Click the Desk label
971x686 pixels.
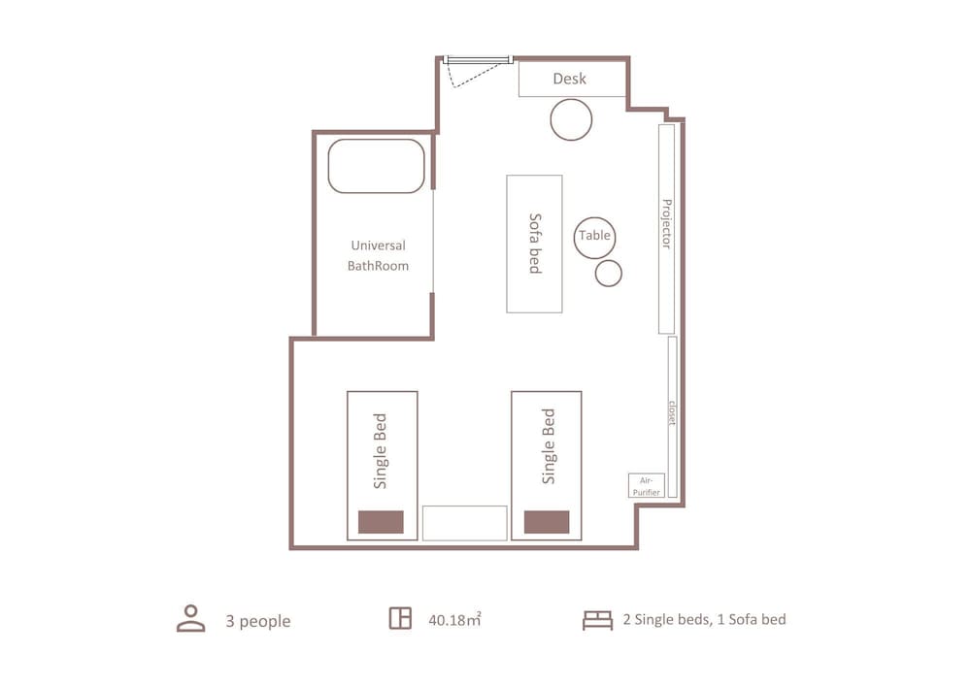pos(569,79)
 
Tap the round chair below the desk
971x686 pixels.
pos(571,119)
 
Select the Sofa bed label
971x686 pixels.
pos(535,244)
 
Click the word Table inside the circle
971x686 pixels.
pos(594,235)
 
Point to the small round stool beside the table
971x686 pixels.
pos(609,274)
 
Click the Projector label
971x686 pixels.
pos(667,224)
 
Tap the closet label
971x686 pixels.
pos(673,412)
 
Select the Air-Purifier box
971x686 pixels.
pos(647,485)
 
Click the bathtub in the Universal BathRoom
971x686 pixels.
pos(377,166)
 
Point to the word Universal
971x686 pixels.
pos(378,245)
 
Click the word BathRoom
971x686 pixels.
pos(378,266)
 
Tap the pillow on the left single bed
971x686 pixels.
pos(381,522)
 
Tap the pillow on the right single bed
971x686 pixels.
pos(547,521)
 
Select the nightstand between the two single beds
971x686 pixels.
pos(464,523)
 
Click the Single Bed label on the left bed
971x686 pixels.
pos(381,451)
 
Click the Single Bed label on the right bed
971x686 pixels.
pos(549,446)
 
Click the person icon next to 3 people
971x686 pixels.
pos(190,619)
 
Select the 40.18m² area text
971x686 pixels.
pos(454,619)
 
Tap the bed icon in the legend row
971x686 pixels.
pos(597,620)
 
